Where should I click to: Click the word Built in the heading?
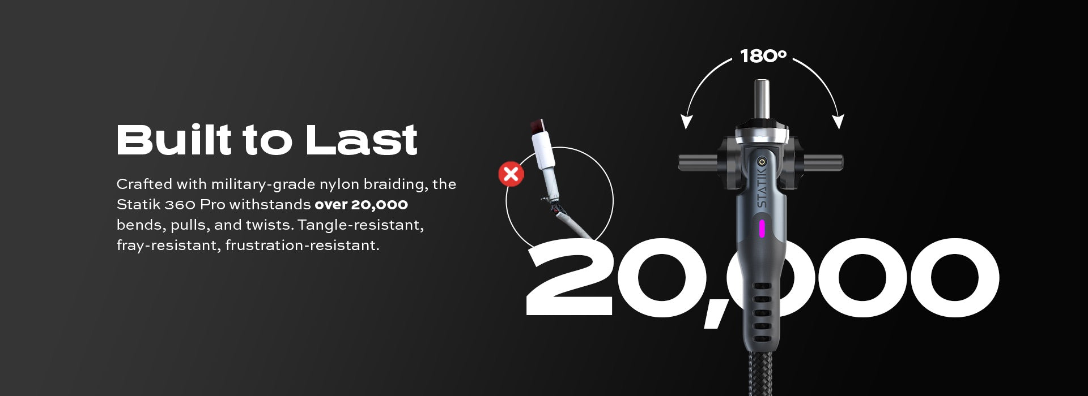[x=174, y=139]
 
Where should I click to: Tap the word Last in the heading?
[x=362, y=139]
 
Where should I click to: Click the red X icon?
[x=511, y=174]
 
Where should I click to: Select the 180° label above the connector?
[x=763, y=56]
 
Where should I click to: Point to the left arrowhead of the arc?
[x=687, y=122]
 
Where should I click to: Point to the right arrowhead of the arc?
[x=839, y=122]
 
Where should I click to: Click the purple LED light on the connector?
[x=762, y=229]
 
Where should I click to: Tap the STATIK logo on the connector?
[x=762, y=186]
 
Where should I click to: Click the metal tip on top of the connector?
[x=761, y=99]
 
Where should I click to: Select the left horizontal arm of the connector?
[x=699, y=163]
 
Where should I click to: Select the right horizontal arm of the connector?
[x=823, y=163]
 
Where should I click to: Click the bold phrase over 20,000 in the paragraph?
[x=362, y=204]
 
